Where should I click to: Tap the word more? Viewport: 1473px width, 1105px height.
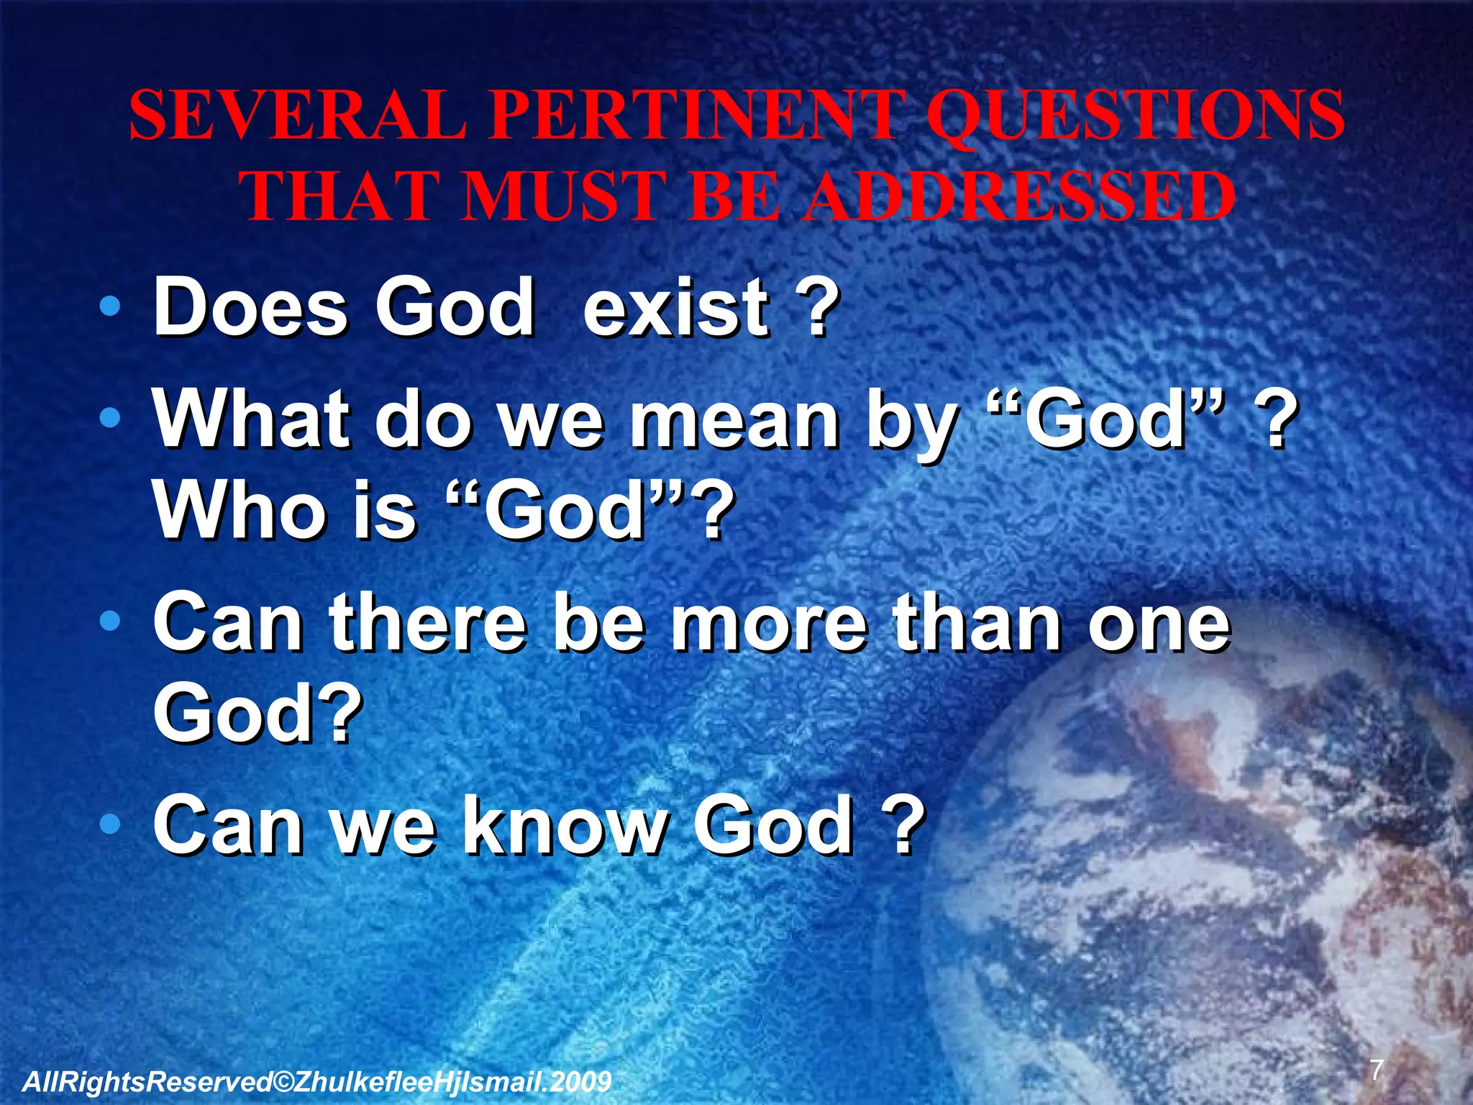click(x=769, y=622)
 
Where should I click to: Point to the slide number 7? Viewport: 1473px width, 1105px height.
click(x=1376, y=1070)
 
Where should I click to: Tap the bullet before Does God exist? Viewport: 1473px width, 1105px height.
click(x=109, y=308)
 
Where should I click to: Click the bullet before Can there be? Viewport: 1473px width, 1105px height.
click(x=109, y=622)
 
